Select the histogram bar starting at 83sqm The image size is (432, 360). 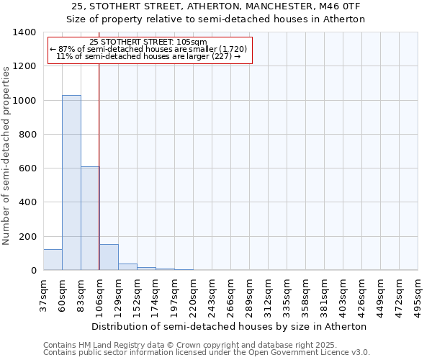[90, 218]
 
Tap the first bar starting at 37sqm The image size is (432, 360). [53, 260]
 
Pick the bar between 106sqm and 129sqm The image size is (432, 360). [109, 258]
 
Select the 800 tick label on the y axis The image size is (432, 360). [27, 135]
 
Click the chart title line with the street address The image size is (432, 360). [216, 6]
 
